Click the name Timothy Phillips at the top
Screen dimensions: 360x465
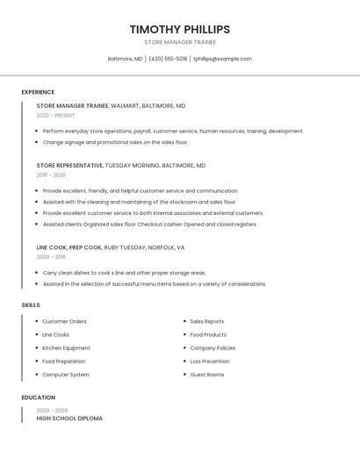[x=179, y=29]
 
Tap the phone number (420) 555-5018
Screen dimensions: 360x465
[x=168, y=59]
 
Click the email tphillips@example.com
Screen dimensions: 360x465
[x=222, y=59]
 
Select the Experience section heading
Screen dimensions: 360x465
[x=38, y=92]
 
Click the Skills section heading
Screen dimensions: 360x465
[x=31, y=304]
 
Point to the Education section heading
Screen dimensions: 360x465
[x=39, y=397]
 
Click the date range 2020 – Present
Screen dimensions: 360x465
[x=55, y=115]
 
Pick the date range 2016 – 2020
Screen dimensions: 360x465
[x=51, y=175]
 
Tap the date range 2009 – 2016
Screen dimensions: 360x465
[x=51, y=257]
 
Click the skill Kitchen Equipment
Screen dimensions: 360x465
[x=66, y=347]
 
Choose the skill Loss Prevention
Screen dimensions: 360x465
[x=209, y=361]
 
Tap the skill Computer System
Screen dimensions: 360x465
[x=66, y=375]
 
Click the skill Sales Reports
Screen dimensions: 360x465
[x=206, y=321]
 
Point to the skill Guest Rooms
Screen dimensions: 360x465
[x=206, y=375]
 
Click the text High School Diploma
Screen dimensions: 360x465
[x=69, y=418]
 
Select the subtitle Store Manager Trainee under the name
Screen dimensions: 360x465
[x=179, y=42]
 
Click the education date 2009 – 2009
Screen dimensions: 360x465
[x=51, y=410]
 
